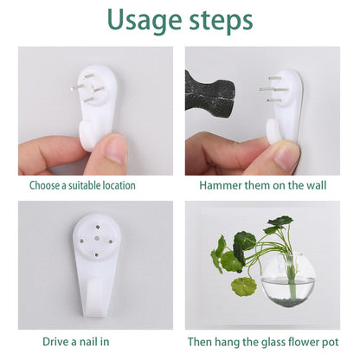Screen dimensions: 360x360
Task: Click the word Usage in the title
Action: (x=145, y=21)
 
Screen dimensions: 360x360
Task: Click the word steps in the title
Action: (x=221, y=21)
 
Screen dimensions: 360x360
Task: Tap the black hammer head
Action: (x=209, y=94)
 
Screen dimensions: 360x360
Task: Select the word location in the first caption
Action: (x=119, y=185)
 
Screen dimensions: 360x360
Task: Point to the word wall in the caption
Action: (x=317, y=185)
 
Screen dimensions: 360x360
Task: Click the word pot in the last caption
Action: (x=330, y=343)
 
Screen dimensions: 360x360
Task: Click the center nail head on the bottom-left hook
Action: (x=97, y=239)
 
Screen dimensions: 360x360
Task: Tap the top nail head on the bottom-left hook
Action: (x=98, y=227)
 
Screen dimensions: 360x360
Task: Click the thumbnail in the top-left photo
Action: (x=115, y=151)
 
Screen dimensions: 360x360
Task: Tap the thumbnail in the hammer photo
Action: (x=284, y=157)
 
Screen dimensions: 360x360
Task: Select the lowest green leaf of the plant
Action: (x=244, y=286)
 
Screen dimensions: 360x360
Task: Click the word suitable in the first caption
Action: (x=85, y=185)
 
